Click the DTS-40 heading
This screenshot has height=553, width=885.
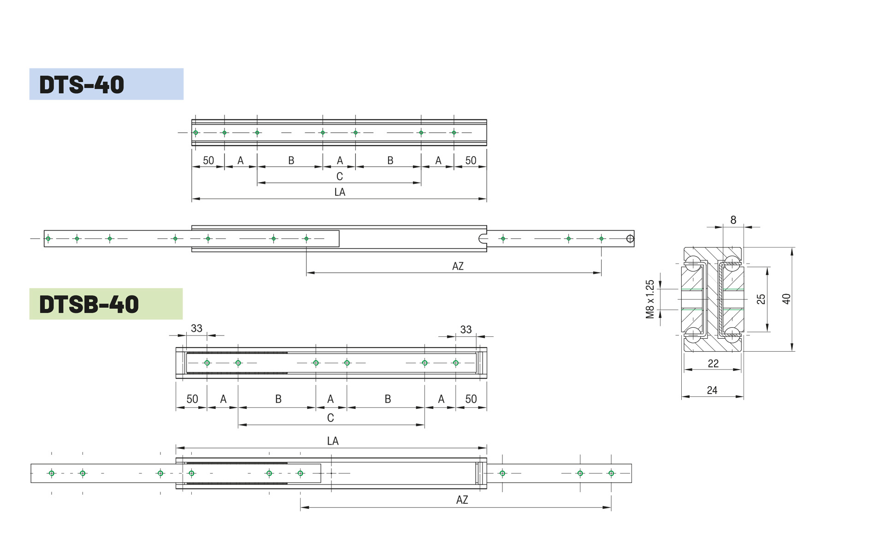coord(82,85)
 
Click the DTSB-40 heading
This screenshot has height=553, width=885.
coord(89,305)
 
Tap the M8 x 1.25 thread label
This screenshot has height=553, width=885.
coord(650,299)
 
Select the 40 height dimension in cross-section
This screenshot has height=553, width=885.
coord(786,299)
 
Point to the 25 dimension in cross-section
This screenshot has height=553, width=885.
coord(761,299)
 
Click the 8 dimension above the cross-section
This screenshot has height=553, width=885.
coord(733,220)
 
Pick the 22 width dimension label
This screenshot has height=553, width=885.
coord(713,364)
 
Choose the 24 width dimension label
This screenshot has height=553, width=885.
coord(712,390)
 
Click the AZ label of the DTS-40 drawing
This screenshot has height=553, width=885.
coord(458,266)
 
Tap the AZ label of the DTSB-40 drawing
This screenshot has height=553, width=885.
coord(462,500)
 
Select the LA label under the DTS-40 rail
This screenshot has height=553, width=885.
coord(340,192)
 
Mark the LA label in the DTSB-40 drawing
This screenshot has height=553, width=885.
coord(333,441)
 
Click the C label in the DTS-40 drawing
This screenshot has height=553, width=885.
coord(340,176)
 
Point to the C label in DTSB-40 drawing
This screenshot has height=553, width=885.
coord(330,418)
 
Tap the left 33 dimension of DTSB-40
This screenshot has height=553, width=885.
coord(197,329)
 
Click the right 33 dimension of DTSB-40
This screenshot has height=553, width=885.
coord(466,329)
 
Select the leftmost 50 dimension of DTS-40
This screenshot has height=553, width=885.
coord(208,160)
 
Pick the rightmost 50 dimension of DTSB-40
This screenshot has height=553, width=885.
coord(471,399)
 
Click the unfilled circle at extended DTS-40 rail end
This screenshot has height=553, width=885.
coord(630,239)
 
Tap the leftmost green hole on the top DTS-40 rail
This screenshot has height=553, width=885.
coord(196,133)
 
